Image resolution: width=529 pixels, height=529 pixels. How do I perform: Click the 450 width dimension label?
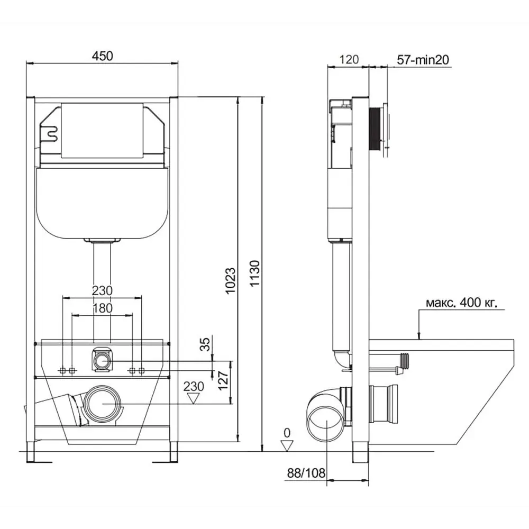pyautogui.click(x=103, y=56)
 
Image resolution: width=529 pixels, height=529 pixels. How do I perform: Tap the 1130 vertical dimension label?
pyautogui.click(x=255, y=273)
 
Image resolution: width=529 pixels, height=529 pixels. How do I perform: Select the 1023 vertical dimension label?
pyautogui.click(x=231, y=281)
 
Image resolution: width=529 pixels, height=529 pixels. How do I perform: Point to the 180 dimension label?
pyautogui.click(x=103, y=308)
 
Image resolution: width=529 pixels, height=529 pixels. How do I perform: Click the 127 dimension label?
pyautogui.click(x=223, y=381)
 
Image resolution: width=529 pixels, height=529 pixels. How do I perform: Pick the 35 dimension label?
pyautogui.click(x=205, y=344)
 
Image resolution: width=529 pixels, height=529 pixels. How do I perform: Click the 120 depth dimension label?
pyautogui.click(x=349, y=60)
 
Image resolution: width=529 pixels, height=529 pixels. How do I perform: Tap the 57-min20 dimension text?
pyautogui.click(x=423, y=60)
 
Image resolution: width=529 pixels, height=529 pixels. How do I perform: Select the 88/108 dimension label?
pyautogui.click(x=306, y=473)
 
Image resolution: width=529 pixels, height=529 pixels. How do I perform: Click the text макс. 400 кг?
pyautogui.click(x=461, y=303)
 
